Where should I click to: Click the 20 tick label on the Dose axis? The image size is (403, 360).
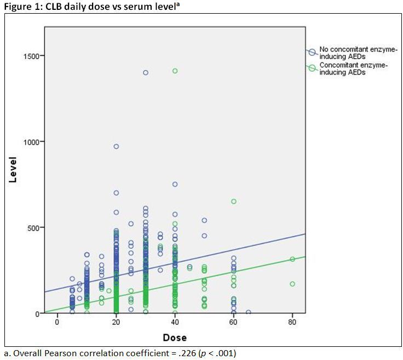116,322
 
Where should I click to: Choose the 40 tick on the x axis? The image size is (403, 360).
175,322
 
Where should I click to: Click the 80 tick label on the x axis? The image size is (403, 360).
292,322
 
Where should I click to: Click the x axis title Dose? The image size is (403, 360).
174,337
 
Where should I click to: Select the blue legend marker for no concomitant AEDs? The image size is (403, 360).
312,53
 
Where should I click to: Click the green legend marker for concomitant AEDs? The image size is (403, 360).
312,68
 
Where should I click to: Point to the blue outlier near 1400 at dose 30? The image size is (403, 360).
146,72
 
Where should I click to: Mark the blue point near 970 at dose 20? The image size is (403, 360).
116,146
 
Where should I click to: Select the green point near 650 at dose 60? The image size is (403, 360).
234,201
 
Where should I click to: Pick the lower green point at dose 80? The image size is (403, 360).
292,284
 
